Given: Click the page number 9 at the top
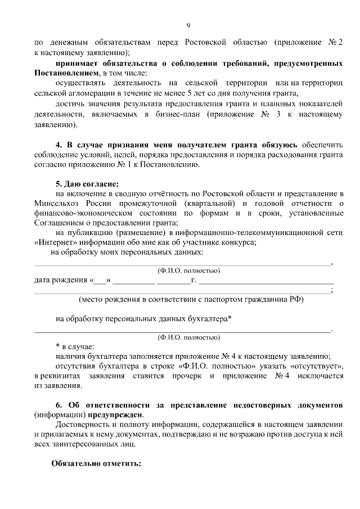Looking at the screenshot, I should click(188, 25).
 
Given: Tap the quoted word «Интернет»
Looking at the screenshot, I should click(55, 243).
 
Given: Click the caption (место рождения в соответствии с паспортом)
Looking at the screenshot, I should click(191, 299).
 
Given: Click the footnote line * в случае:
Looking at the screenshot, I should click(75, 346).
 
